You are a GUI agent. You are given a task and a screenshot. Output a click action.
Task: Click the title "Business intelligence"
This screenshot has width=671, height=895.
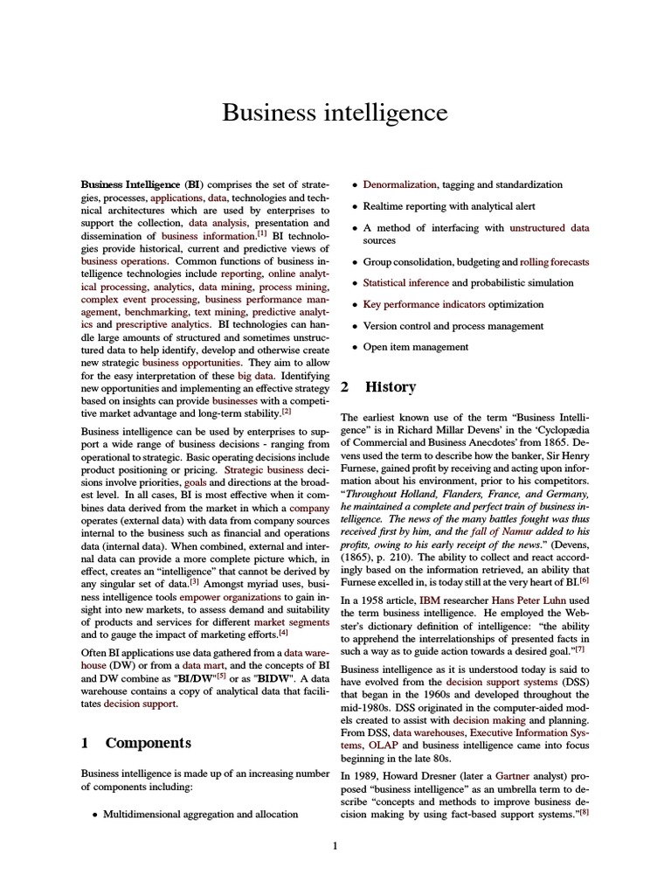click(x=335, y=113)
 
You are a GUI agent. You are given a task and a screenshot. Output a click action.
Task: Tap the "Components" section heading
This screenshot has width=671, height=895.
click(x=148, y=742)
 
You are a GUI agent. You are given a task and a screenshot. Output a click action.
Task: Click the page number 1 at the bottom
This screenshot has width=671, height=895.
click(x=335, y=845)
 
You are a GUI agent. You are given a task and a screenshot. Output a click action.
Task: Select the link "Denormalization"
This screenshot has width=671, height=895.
click(x=400, y=184)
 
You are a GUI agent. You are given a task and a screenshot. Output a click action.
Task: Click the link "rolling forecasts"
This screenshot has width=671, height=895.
click(x=554, y=261)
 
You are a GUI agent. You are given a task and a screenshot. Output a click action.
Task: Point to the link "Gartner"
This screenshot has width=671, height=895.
click(x=513, y=774)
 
